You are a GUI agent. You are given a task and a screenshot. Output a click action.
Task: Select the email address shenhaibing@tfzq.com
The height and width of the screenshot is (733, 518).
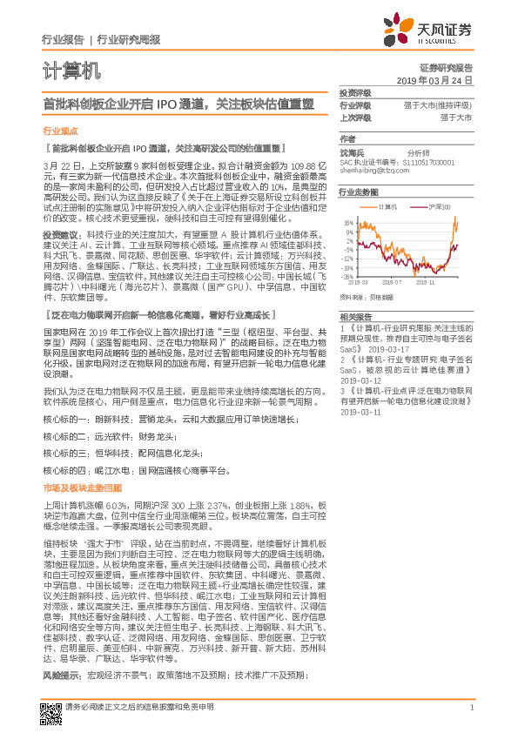pyautogui.click(x=373, y=171)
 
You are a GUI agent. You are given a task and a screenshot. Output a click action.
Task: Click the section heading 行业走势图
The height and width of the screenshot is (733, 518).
pyautogui.click(x=358, y=192)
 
